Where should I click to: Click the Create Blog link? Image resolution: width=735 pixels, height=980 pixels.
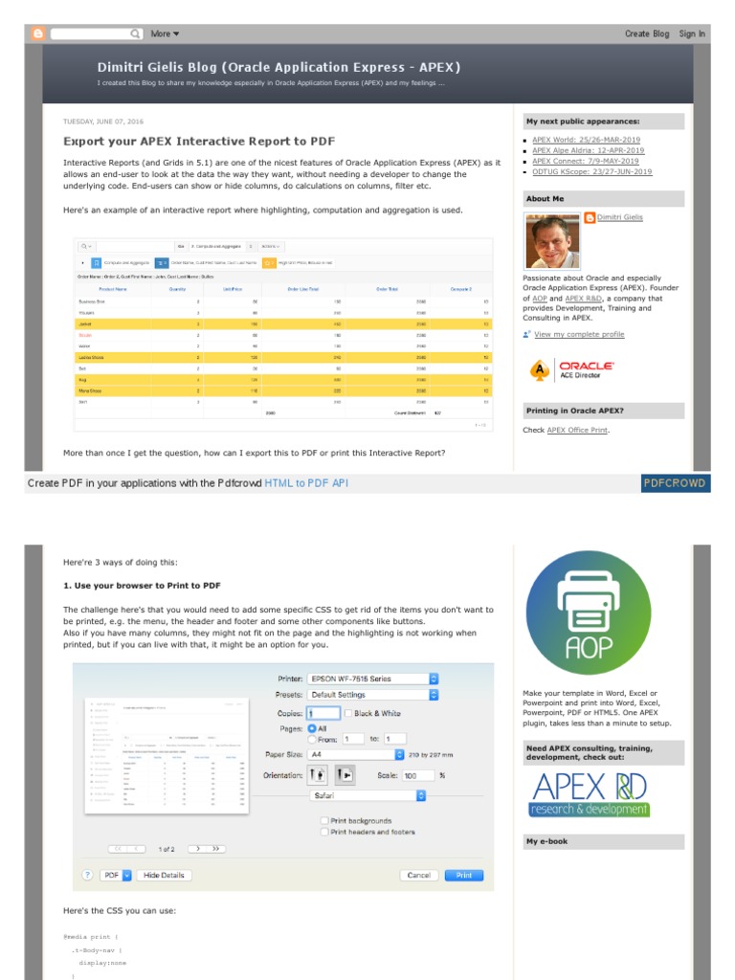point(647,33)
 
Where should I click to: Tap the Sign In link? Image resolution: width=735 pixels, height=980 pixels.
point(692,33)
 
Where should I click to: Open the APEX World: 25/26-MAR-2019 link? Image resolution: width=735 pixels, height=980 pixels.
point(586,140)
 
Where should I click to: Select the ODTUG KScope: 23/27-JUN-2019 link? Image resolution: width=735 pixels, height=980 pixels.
point(591,172)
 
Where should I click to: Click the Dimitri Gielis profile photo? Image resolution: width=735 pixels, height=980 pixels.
point(552,241)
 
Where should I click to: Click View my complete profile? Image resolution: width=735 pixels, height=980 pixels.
point(579,334)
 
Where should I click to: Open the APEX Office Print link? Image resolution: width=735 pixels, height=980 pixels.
point(577,430)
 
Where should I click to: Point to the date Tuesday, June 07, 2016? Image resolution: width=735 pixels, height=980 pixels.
point(103,122)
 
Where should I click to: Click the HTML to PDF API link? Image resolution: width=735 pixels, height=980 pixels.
point(306,483)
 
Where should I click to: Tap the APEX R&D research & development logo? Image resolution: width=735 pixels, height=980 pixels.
point(590,794)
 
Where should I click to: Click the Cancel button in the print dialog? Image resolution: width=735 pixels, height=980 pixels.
point(418,875)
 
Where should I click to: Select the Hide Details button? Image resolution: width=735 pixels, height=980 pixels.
point(164,875)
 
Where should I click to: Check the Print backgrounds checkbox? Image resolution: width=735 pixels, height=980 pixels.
point(324,820)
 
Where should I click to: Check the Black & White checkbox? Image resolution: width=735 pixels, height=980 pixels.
point(348,713)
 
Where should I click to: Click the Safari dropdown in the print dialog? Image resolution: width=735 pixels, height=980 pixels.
point(368,795)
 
